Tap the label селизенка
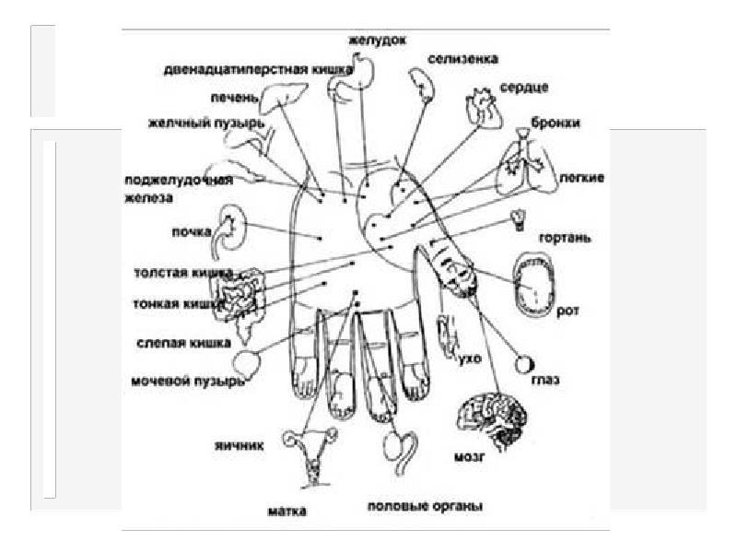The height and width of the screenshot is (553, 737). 462,58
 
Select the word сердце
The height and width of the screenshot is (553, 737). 524,88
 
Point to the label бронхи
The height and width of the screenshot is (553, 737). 555,122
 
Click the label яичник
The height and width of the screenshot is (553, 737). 240,444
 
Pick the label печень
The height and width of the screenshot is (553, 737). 225,96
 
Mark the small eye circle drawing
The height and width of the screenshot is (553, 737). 524,365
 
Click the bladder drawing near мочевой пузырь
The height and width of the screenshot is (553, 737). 248,363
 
